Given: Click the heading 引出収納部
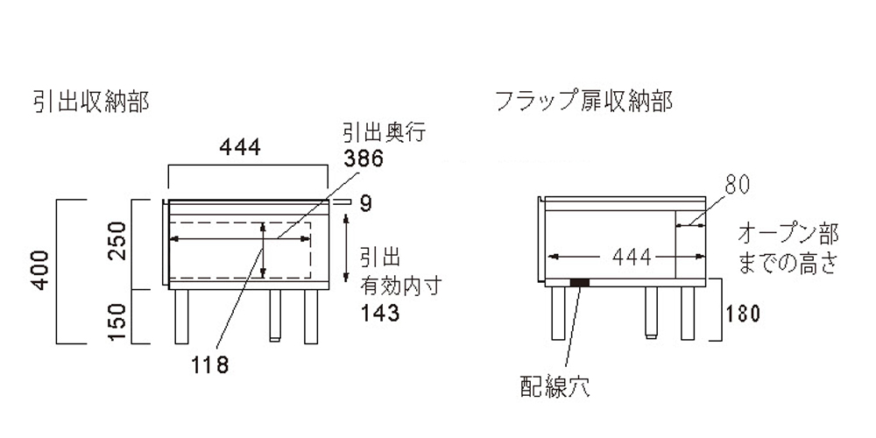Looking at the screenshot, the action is click(x=92, y=102).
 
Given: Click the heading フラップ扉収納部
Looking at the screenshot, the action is click(x=584, y=102).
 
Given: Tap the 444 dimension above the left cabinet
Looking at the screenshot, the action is click(x=240, y=147).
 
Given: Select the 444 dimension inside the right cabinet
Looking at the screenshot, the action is click(x=632, y=257).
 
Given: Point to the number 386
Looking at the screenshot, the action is click(x=364, y=159).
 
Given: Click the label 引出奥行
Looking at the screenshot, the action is click(x=385, y=133).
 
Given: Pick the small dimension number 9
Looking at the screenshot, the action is click(x=364, y=204).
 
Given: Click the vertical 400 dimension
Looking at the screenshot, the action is click(x=41, y=271).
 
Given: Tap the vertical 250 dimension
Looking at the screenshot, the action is click(x=118, y=241).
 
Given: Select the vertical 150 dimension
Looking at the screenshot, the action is click(x=118, y=322).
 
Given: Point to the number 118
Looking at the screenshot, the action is click(x=210, y=365).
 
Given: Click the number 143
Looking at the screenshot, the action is click(x=379, y=314).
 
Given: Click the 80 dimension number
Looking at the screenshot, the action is click(x=738, y=184).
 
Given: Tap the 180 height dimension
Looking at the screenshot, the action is click(x=744, y=314).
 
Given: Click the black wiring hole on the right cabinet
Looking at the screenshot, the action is click(x=579, y=283).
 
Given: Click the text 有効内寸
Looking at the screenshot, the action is click(x=402, y=286).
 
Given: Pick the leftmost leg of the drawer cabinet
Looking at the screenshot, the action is click(x=181, y=316).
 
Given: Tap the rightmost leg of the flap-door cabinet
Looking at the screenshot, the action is click(x=688, y=313).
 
